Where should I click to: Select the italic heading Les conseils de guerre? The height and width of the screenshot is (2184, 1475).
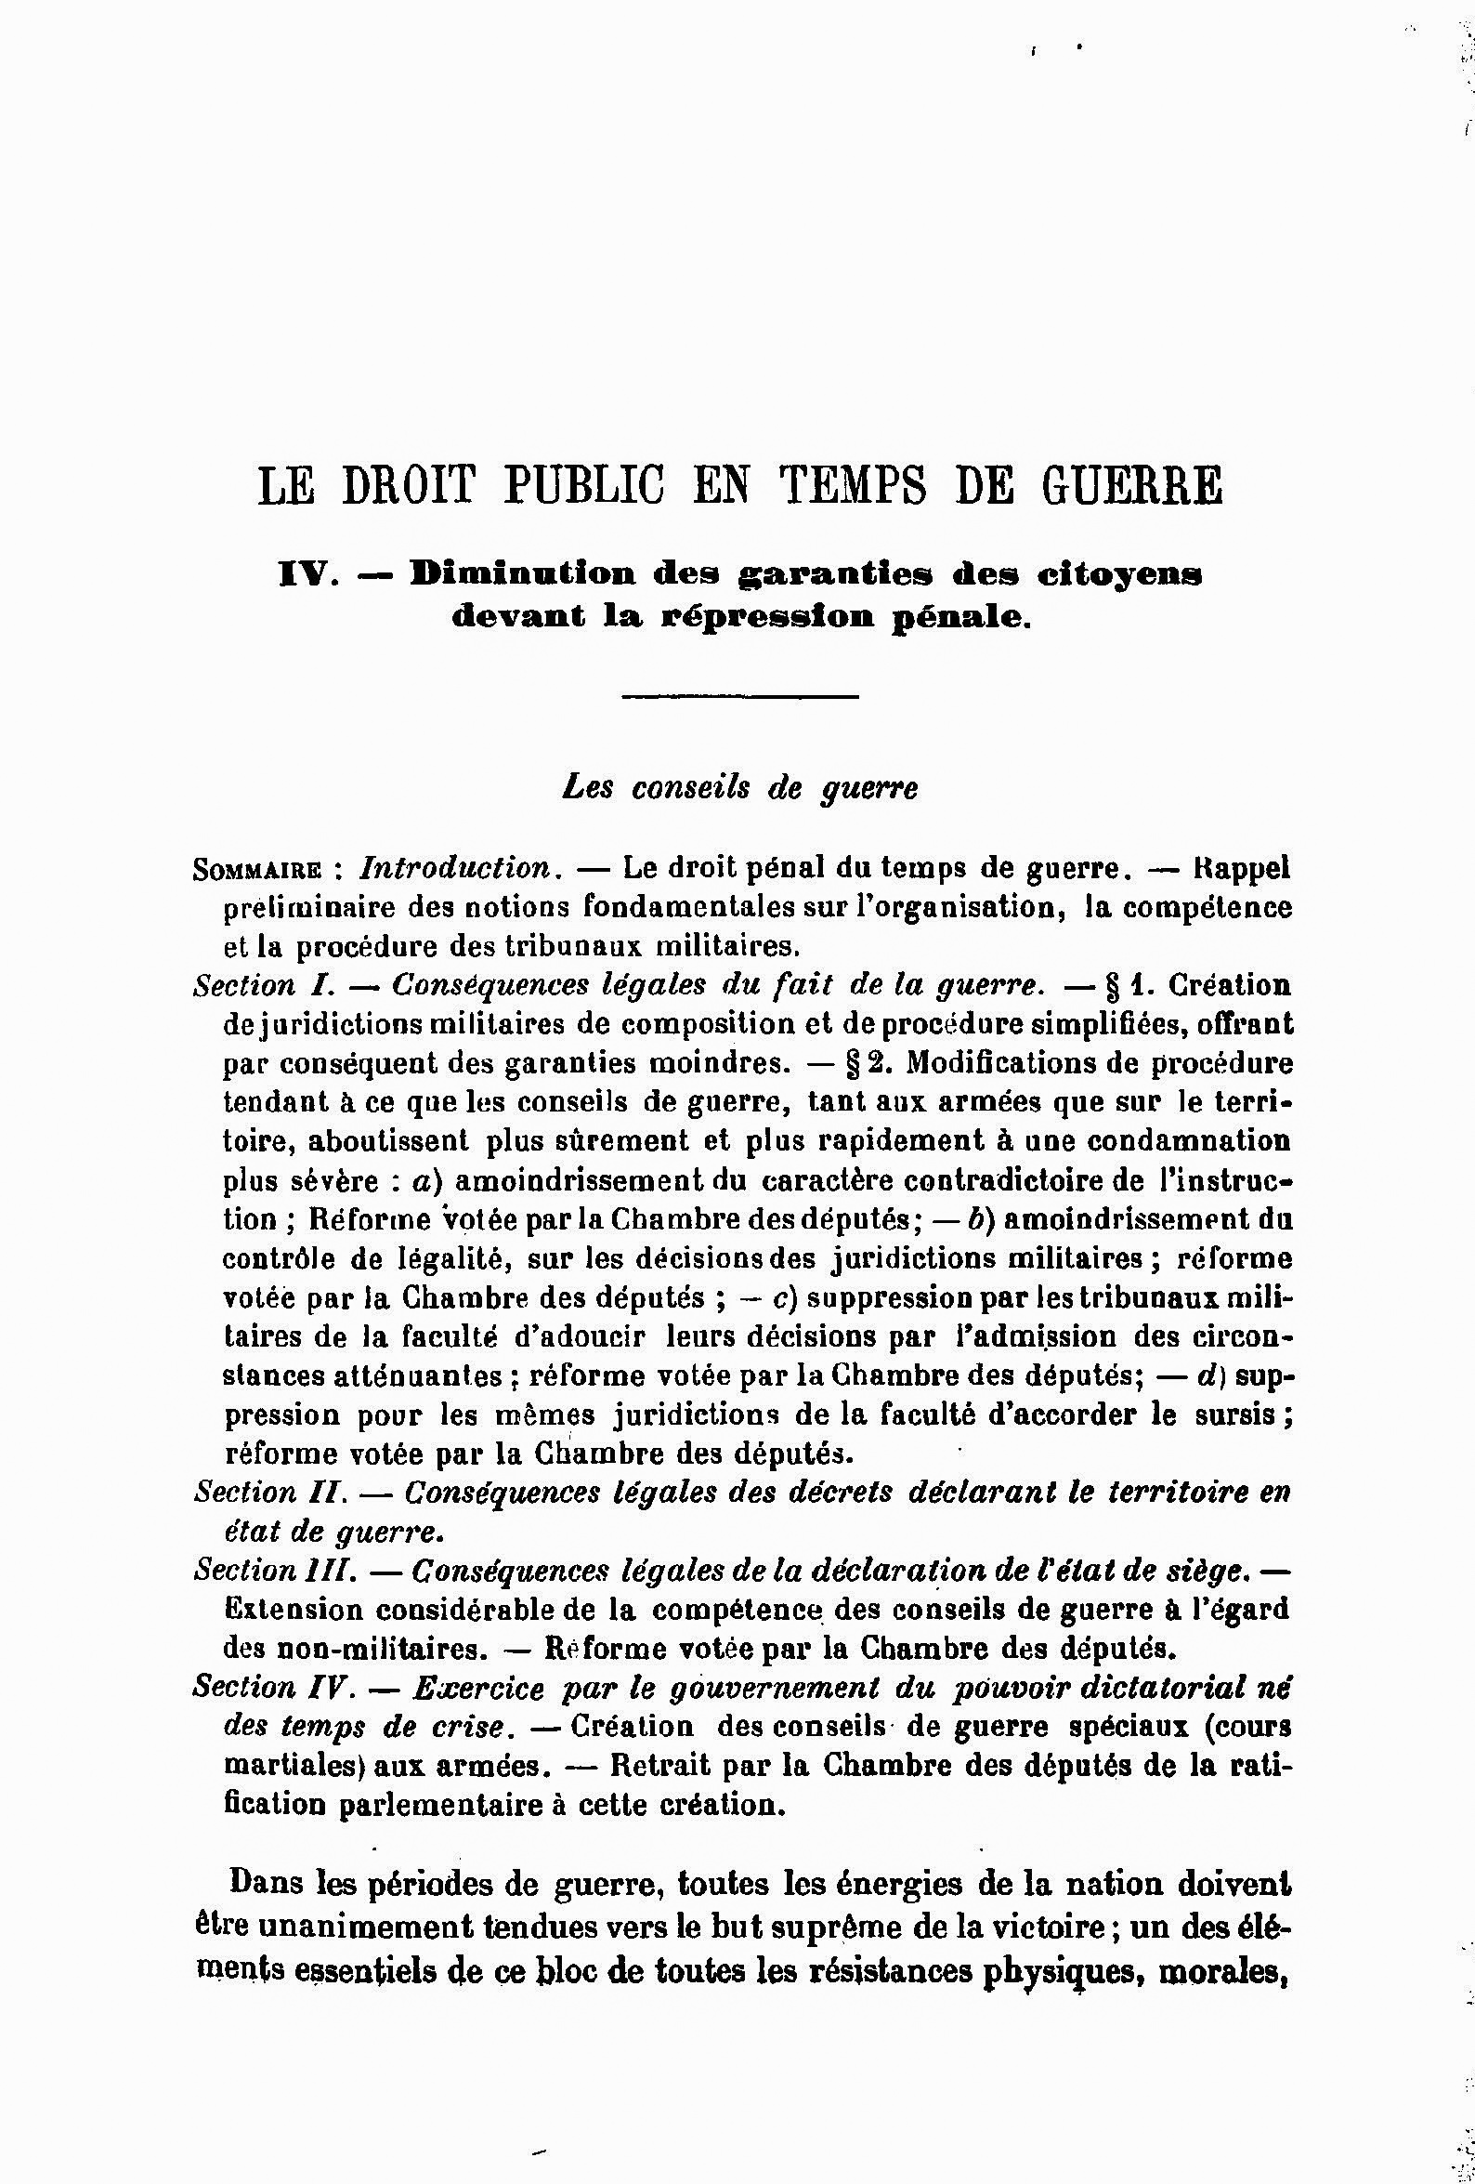tap(739, 788)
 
